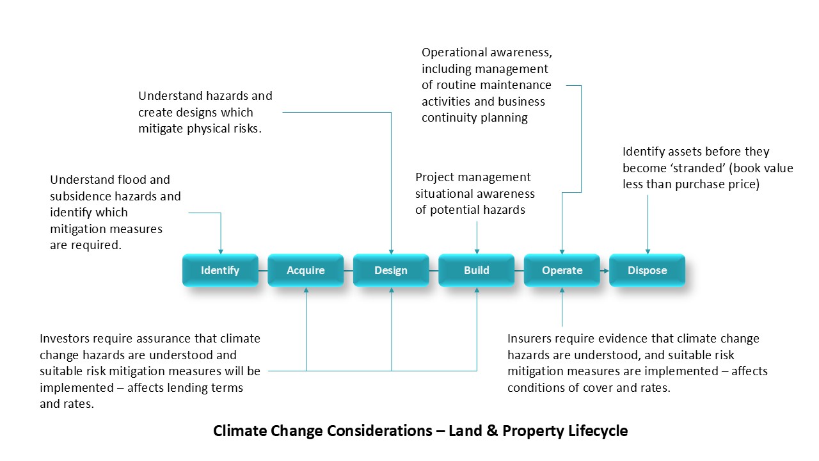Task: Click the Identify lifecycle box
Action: (x=220, y=270)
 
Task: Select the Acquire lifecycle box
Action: (x=305, y=270)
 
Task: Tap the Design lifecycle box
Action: (x=391, y=270)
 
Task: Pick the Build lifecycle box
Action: (x=476, y=270)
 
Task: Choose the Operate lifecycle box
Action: (x=562, y=270)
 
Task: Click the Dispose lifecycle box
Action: (x=647, y=270)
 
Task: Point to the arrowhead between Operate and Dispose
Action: (x=605, y=270)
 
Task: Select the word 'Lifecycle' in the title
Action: (x=598, y=431)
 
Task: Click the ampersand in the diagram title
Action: (x=491, y=431)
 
